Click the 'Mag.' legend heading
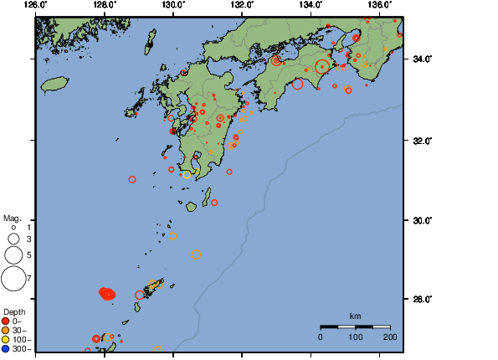coord(11,217)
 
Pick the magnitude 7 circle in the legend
coord(13,277)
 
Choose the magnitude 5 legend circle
coord(13,255)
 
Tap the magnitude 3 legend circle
coord(13,239)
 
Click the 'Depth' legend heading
coord(13,311)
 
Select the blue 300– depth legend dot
coord(6,348)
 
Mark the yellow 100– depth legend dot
coord(6,339)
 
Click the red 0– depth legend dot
coord(6,321)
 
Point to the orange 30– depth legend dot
coord(6,330)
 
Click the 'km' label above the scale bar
coord(355,316)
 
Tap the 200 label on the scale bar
coord(389,337)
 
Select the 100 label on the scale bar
coord(355,337)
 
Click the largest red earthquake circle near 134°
coord(322,67)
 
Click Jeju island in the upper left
coord(54,84)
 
